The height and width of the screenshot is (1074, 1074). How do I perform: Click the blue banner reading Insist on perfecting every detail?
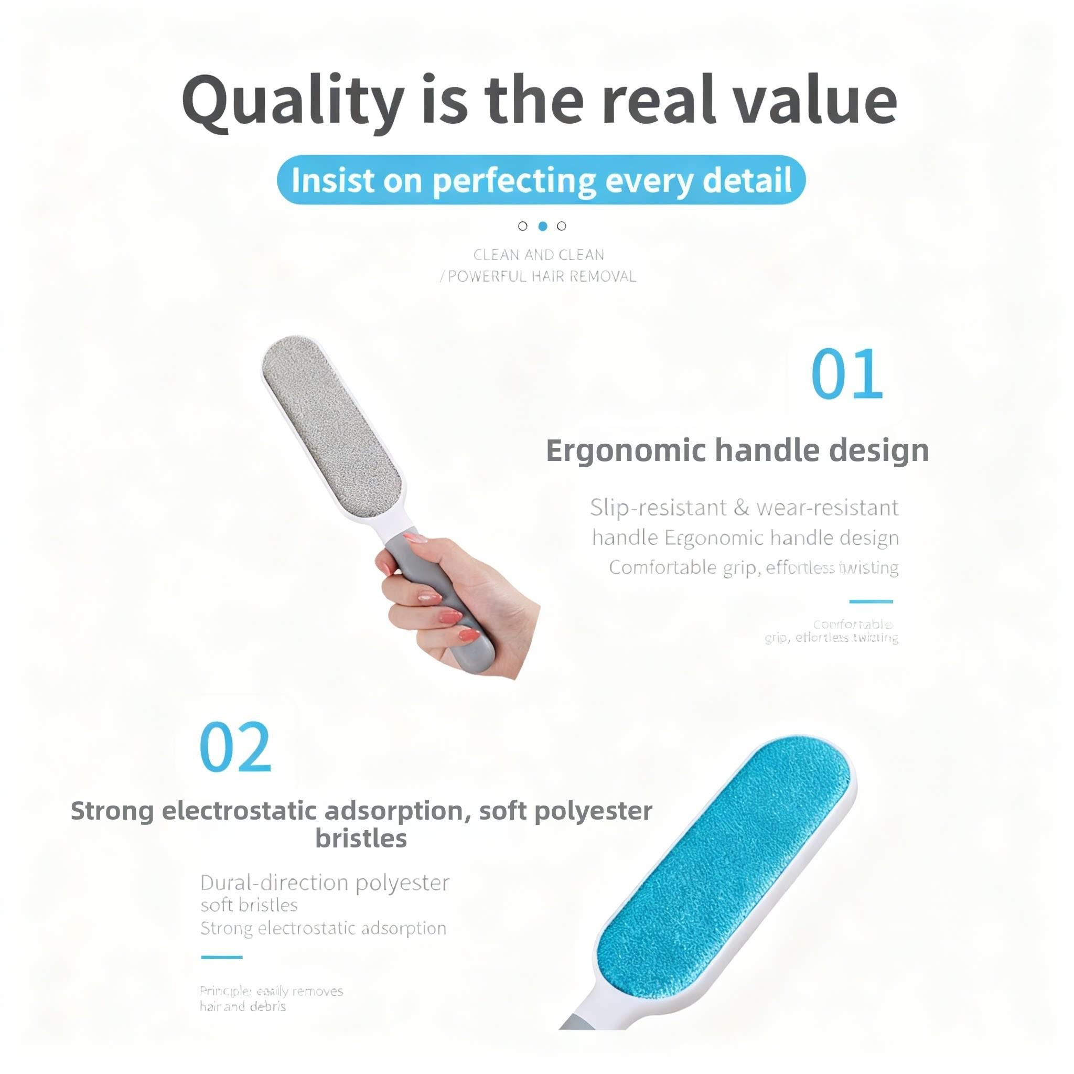click(x=540, y=180)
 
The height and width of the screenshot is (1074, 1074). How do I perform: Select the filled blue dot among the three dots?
click(x=543, y=225)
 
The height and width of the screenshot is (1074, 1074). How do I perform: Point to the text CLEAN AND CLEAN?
click(x=538, y=254)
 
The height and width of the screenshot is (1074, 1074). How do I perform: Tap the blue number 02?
click(x=234, y=747)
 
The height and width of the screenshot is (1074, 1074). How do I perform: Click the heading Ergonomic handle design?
click(x=737, y=450)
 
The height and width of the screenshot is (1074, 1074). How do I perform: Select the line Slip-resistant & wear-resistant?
click(x=744, y=507)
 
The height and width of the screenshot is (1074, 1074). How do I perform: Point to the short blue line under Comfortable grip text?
click(x=871, y=602)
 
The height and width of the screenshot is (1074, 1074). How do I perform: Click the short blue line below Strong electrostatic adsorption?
click(x=221, y=957)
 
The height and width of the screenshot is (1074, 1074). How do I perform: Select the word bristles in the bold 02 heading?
click(x=361, y=839)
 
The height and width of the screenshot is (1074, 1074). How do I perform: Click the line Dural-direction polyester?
click(x=325, y=883)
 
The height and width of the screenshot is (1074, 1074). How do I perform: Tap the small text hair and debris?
click(x=242, y=1006)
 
